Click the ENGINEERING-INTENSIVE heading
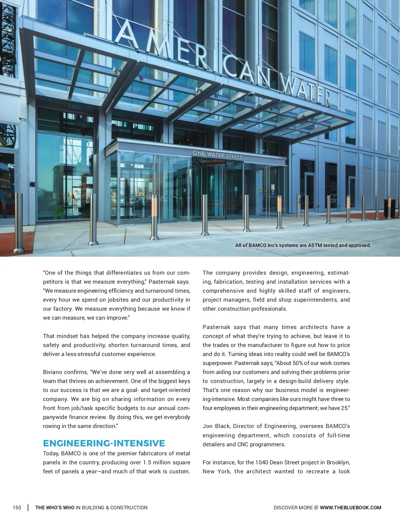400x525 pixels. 104,443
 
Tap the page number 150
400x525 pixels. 17,508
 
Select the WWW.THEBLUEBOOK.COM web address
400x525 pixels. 350,508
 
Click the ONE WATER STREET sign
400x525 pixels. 217,155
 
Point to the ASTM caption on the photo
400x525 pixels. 303,245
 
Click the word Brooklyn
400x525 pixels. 338,462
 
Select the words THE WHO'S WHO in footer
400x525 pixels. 55,508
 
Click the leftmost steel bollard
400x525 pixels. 18,223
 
